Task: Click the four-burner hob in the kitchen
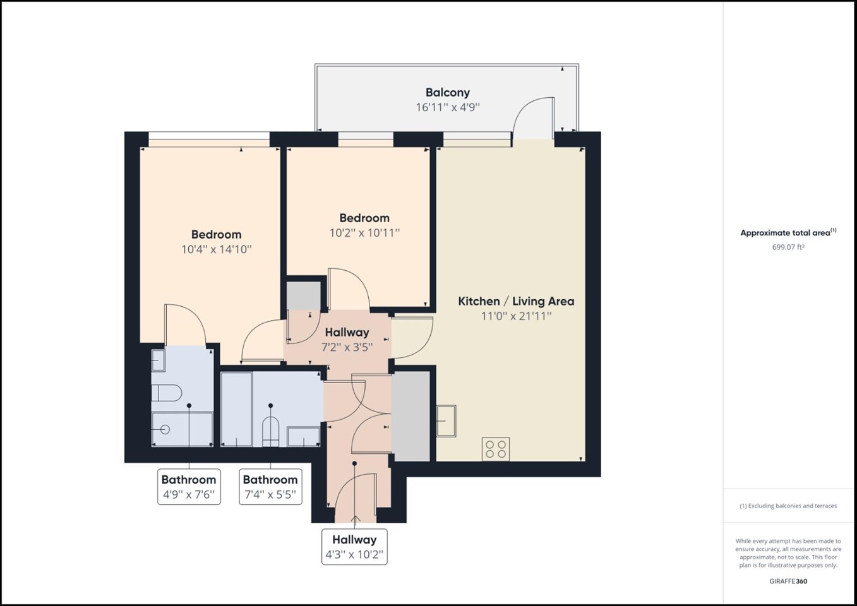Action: click(x=496, y=449)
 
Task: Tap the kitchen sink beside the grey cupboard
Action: click(x=446, y=421)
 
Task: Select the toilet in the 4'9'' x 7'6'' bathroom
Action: click(x=166, y=394)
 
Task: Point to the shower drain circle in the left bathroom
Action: click(x=165, y=430)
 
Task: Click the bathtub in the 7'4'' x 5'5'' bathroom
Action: click(x=236, y=409)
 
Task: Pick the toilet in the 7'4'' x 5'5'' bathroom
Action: click(x=270, y=431)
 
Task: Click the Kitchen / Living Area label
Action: click(x=516, y=301)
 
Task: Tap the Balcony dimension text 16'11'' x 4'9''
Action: click(x=447, y=107)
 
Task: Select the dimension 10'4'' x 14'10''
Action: click(x=216, y=249)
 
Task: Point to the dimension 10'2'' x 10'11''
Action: click(x=364, y=233)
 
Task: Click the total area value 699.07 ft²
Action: click(x=788, y=247)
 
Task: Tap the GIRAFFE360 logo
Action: click(x=788, y=581)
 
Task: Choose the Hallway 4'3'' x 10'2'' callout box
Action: click(x=354, y=547)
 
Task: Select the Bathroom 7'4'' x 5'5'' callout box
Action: click(x=270, y=487)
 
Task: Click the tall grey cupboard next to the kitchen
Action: click(x=411, y=416)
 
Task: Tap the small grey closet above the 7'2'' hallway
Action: click(x=304, y=295)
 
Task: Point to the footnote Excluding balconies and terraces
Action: click(x=788, y=506)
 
